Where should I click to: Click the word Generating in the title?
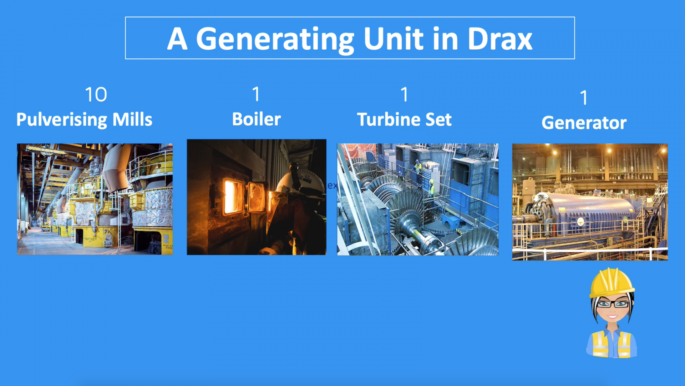point(275,39)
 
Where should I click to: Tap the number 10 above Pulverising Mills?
point(96,95)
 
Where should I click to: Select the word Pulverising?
point(61,120)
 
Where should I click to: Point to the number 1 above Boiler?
point(256,94)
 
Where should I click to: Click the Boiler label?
point(256,119)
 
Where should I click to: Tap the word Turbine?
point(387,119)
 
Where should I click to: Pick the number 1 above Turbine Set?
point(404,94)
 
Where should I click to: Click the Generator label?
point(584,123)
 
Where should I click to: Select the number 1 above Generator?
point(584,98)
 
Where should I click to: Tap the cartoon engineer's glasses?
point(613,304)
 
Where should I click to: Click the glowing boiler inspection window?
point(232,197)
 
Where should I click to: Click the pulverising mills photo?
point(95,199)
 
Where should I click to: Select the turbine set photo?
point(417,199)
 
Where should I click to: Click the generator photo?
point(590,202)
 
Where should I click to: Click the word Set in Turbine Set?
point(438,119)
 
